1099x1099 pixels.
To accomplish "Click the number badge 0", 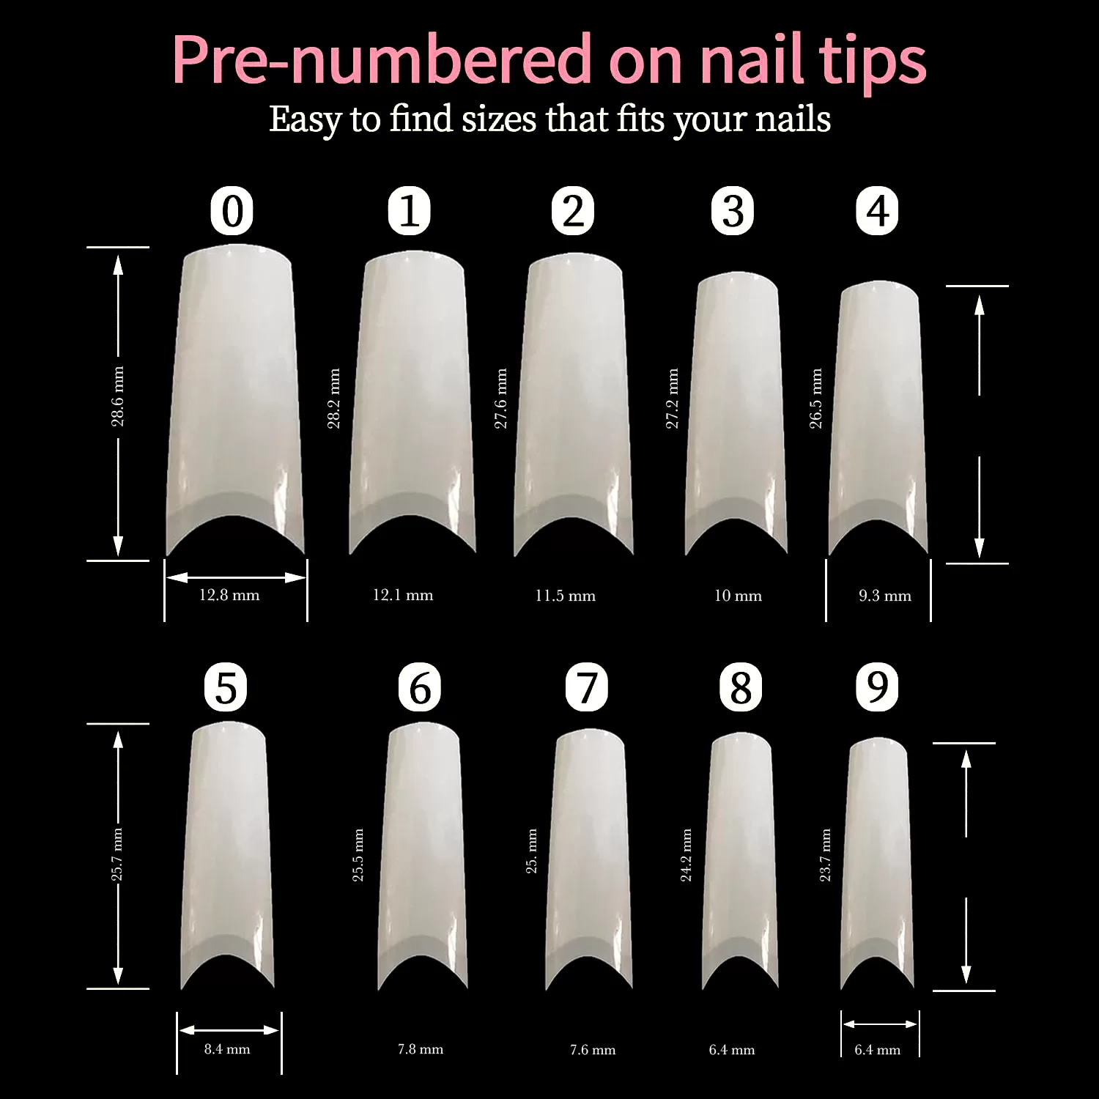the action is click(232, 211).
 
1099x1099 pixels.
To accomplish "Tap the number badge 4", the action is click(877, 211).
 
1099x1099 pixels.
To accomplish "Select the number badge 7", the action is click(587, 687).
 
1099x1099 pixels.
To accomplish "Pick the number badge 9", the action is click(877, 687).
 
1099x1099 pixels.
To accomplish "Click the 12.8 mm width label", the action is click(229, 595).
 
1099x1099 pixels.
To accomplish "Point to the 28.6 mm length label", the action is click(117, 396).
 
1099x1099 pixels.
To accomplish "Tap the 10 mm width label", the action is click(738, 596).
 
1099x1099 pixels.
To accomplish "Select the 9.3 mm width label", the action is click(885, 596).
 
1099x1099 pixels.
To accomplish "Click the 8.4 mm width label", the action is click(227, 1049).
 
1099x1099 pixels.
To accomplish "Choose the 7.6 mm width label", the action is click(593, 1050).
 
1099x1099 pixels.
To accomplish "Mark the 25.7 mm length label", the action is click(117, 855).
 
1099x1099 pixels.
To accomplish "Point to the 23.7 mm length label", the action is click(825, 855).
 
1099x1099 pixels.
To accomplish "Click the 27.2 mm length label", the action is click(672, 399).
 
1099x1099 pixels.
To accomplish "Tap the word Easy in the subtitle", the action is click(305, 119).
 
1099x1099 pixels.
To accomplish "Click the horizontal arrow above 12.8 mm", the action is click(236, 577).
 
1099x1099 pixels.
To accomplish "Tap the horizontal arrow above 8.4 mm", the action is click(229, 1029).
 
